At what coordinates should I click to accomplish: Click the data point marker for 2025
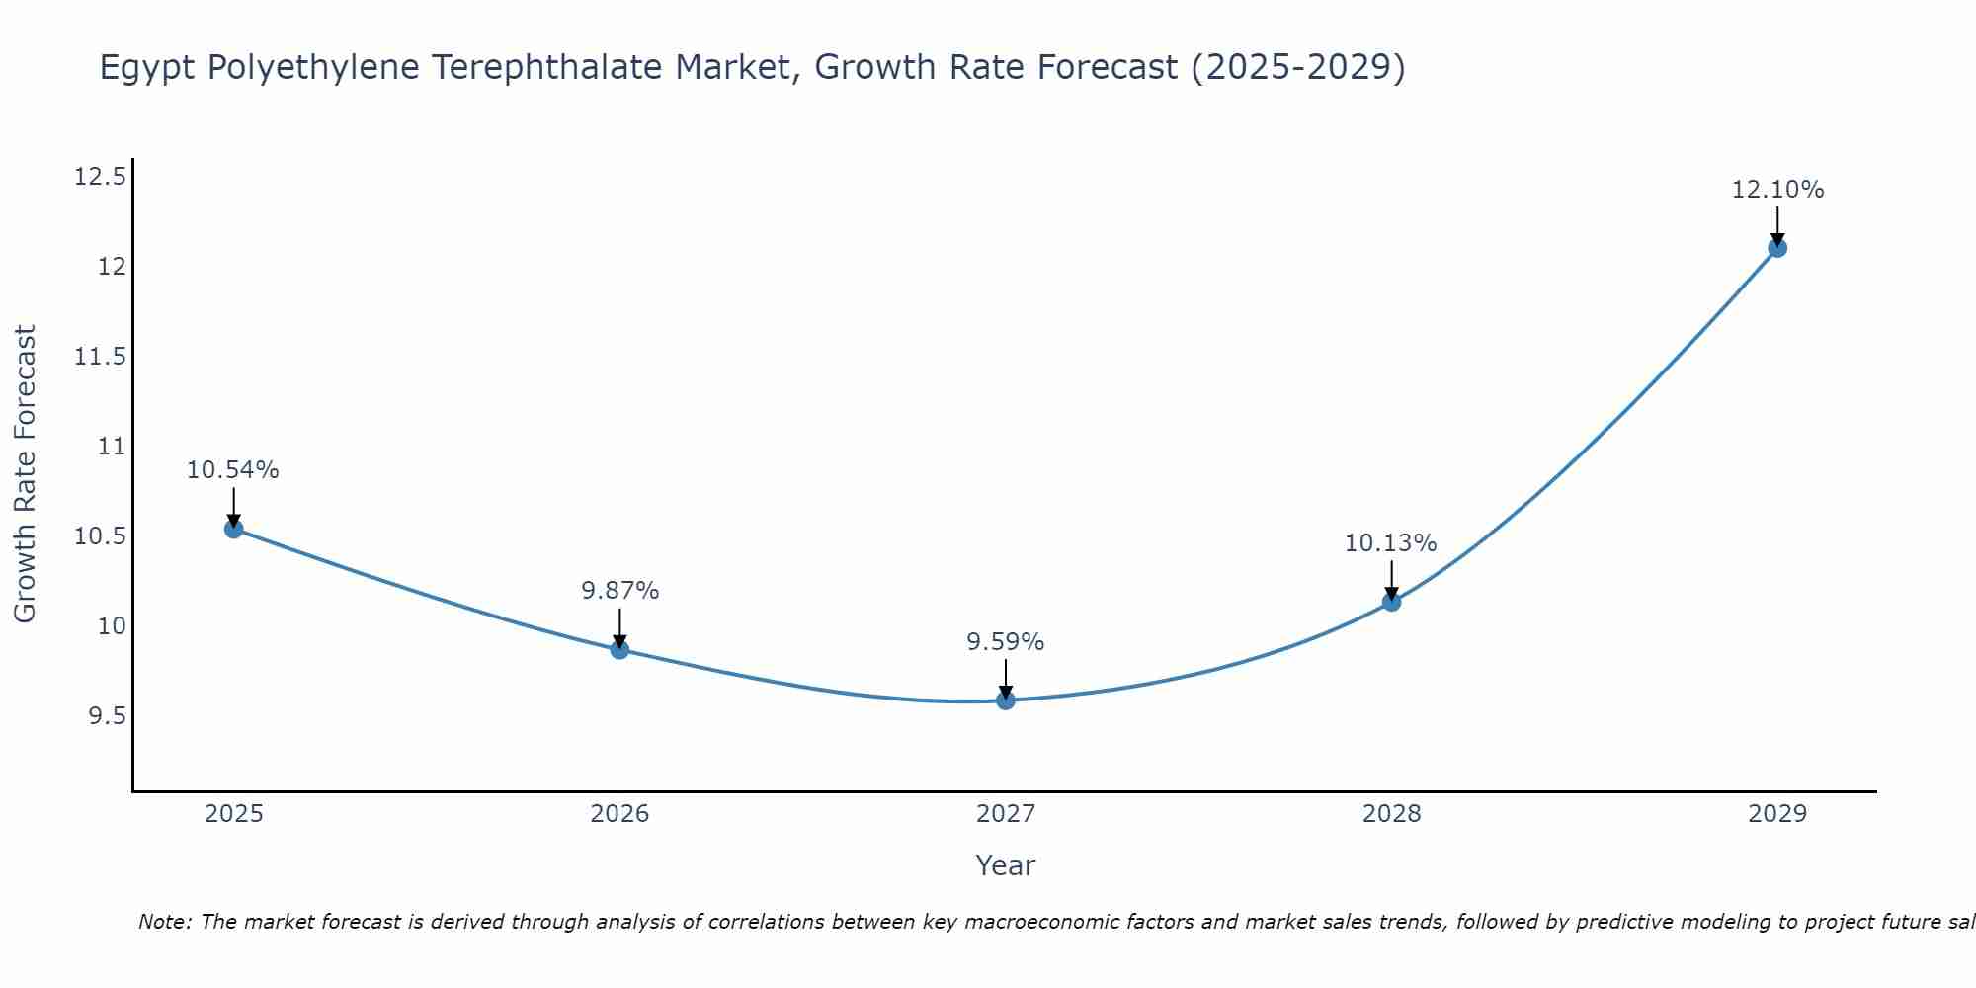(x=233, y=529)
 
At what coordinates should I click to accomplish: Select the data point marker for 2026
(x=619, y=649)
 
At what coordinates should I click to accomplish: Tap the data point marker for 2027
(x=1006, y=700)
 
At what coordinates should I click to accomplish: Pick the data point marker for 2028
(x=1391, y=602)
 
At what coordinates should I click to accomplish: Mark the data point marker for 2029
(x=1777, y=248)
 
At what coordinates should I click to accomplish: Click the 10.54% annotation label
(x=233, y=470)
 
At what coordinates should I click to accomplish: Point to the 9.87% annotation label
(x=619, y=591)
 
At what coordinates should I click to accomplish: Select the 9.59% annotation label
(x=1006, y=642)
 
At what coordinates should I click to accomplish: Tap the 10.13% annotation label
(x=1391, y=543)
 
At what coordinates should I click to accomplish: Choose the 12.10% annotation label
(x=1777, y=190)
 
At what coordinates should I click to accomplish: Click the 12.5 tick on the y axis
(x=100, y=177)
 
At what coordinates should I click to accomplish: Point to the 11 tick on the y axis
(x=113, y=447)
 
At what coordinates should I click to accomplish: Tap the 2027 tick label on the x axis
(x=1006, y=814)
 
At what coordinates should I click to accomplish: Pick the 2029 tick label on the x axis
(x=1777, y=814)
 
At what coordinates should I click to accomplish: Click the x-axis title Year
(x=1006, y=865)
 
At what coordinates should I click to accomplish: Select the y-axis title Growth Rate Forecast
(x=25, y=474)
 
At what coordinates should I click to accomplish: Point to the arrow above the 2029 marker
(x=1777, y=225)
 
